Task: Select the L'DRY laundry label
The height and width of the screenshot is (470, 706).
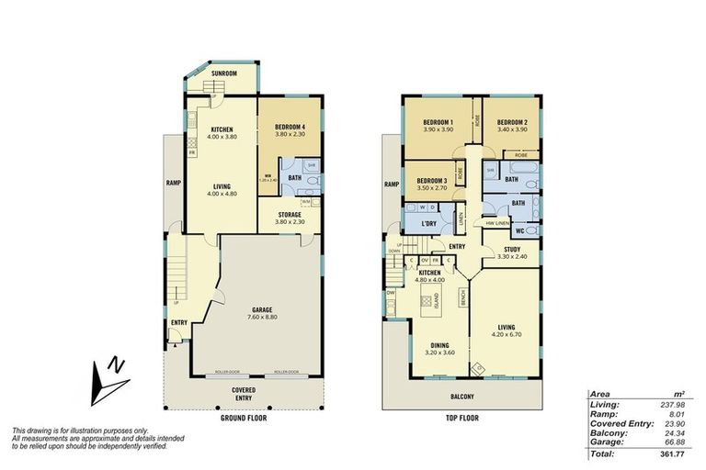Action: pyautogui.click(x=428, y=225)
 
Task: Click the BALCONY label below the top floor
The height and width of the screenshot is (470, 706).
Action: pyautogui.click(x=462, y=397)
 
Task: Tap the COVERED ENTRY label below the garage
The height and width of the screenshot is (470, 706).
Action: pyautogui.click(x=244, y=394)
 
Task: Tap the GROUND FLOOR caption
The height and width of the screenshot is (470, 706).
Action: pyautogui.click(x=245, y=418)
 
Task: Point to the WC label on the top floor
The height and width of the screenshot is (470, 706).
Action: pyautogui.click(x=519, y=230)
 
